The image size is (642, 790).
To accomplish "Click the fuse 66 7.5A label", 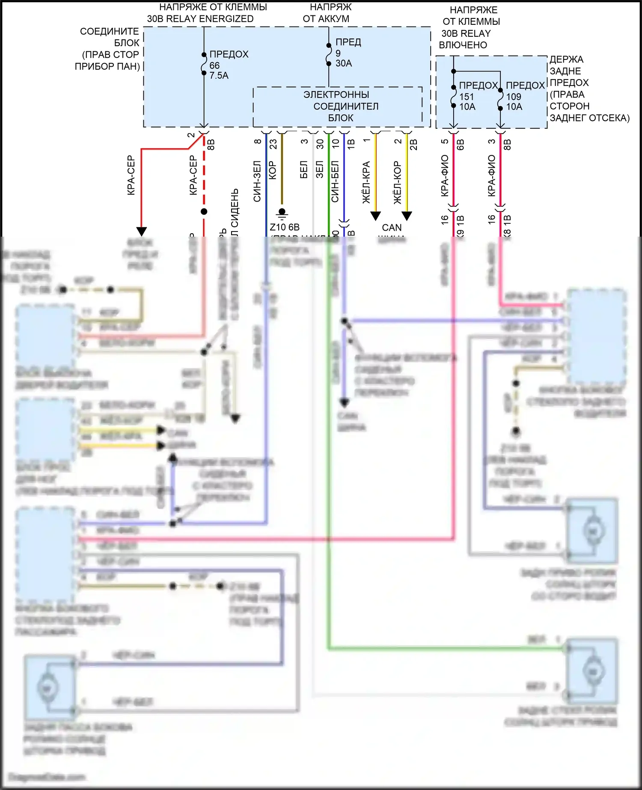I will pos(219,65).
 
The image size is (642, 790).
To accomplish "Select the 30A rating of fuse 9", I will pos(344,63).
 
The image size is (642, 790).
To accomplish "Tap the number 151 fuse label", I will pos(467,97).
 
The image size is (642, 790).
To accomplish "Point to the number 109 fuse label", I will pos(514,97).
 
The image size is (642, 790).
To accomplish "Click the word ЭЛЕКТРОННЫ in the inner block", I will pos(336,95).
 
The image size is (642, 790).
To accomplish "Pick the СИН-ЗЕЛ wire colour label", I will pos(257,181).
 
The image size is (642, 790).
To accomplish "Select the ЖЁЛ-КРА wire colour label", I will pos(366,182).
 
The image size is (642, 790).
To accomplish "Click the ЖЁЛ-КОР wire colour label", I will pos(398,182).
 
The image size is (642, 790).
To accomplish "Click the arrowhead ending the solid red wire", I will pos(141,232).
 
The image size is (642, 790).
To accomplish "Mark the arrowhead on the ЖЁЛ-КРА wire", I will pos(375,216).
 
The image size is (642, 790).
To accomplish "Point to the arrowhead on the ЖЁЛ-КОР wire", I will pos(407,216).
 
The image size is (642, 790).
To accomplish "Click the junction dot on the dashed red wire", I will pos(204,211).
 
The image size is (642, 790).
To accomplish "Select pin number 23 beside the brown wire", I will pos(273,144).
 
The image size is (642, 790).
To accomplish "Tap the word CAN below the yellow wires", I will pos(392,228).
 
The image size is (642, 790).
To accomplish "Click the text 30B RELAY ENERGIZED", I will pos(200,19).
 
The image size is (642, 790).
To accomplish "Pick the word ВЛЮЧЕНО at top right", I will pos(463,45).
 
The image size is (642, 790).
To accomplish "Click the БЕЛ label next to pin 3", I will pos(304,169).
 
